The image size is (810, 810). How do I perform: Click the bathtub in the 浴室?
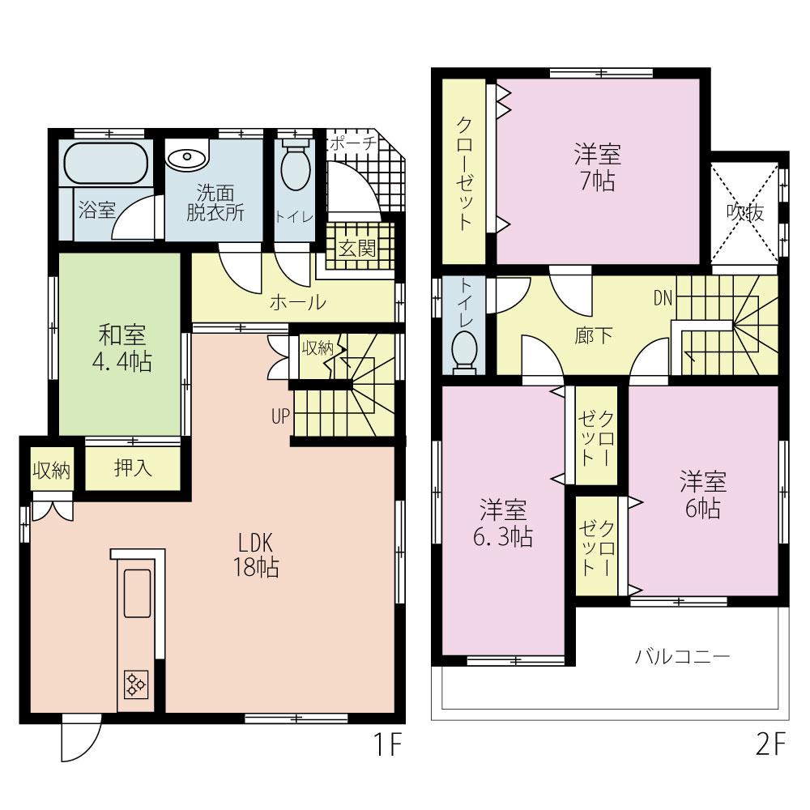pyautogui.click(x=105, y=164)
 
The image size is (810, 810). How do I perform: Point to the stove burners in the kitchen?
pyautogui.click(x=135, y=685)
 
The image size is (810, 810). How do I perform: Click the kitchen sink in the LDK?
pyautogui.click(x=135, y=593)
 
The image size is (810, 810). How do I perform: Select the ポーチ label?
pyautogui.click(x=352, y=143)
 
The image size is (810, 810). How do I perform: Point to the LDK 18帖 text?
pyautogui.click(x=258, y=554)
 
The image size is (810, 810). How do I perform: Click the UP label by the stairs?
pyautogui.click(x=280, y=417)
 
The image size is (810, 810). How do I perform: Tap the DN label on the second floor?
pyautogui.click(x=663, y=297)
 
